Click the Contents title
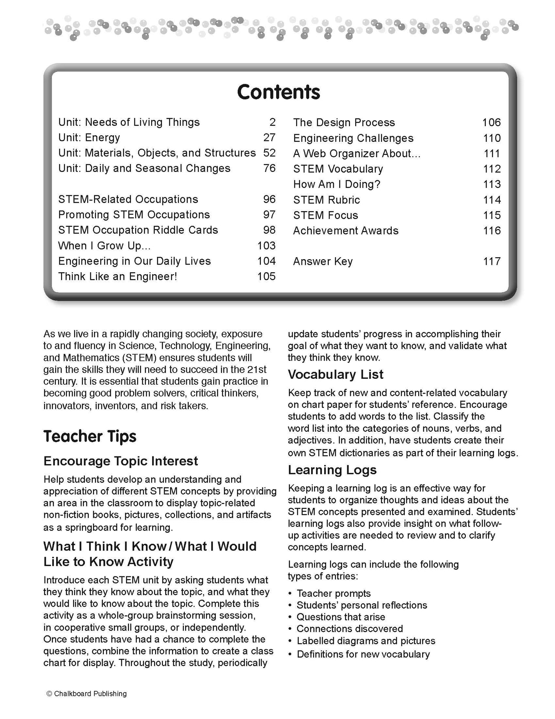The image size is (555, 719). [x=278, y=92]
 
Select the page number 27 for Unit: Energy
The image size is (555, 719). [x=269, y=138]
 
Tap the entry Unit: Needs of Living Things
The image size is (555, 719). [x=129, y=122]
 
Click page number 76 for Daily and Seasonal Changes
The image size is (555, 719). [x=269, y=168]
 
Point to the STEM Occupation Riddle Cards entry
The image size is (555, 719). [x=138, y=230]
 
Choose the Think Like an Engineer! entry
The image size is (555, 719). [x=118, y=276]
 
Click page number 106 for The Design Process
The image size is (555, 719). [x=491, y=123]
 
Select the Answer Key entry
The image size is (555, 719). [x=323, y=261]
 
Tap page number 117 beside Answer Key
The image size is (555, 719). [x=492, y=261]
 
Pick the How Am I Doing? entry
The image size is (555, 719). [x=336, y=184]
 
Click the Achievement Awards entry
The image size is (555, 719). [x=346, y=231]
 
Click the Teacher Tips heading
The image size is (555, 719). [x=90, y=436]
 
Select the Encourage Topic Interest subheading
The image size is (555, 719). [x=121, y=461]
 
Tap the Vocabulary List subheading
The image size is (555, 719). [x=335, y=374]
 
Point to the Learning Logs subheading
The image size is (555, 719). [x=332, y=470]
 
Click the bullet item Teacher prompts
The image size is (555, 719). [x=333, y=594]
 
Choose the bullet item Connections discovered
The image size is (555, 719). [x=350, y=629]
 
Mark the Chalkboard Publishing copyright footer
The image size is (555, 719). [x=86, y=694]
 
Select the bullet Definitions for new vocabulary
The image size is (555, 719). [x=363, y=654]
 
